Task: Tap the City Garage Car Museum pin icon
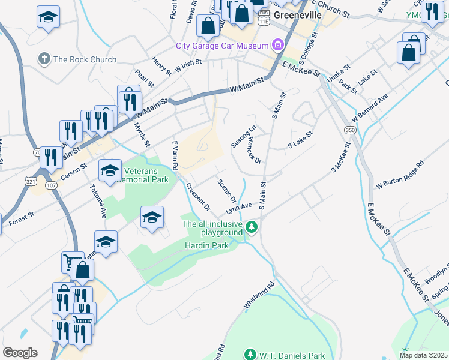pyautogui.click(x=277, y=45)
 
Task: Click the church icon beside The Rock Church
pyautogui.click(x=44, y=59)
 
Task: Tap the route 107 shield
pyautogui.click(x=52, y=185)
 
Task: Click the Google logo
pyautogui.click(x=20, y=353)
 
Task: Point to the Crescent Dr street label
pyautogui.click(x=198, y=197)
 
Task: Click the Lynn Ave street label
pyautogui.click(x=238, y=208)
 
